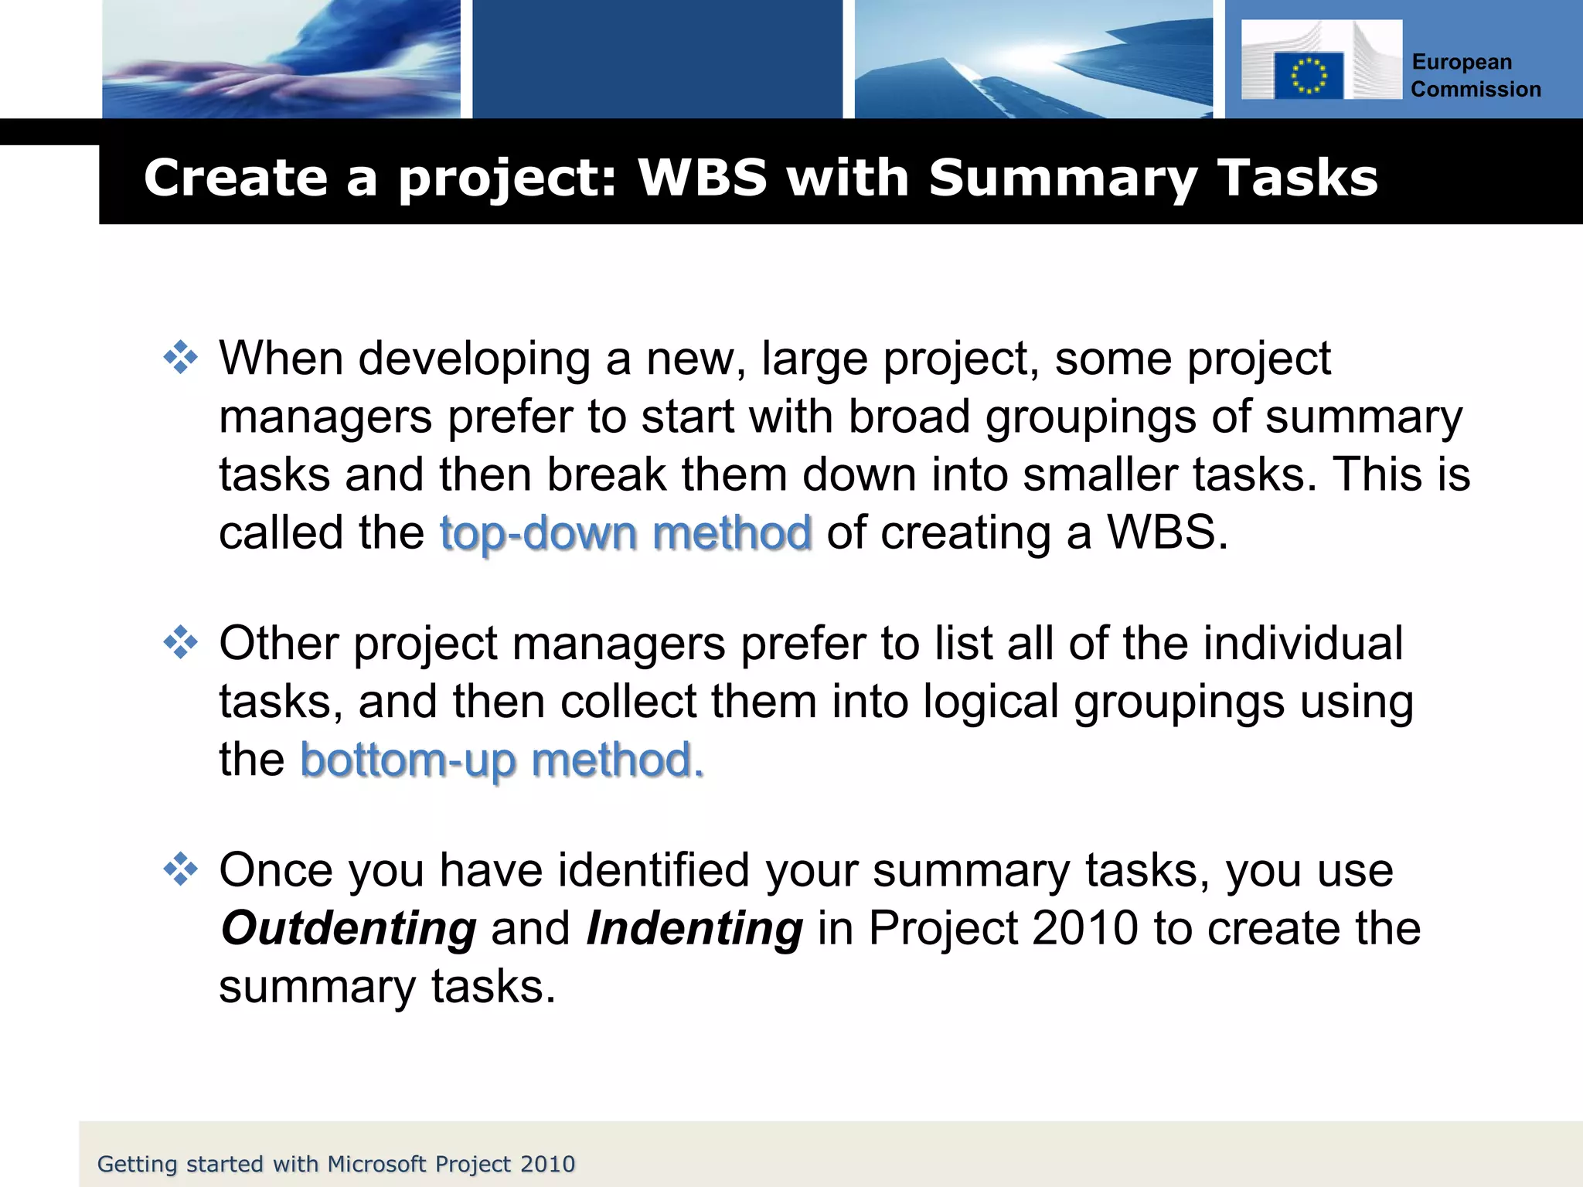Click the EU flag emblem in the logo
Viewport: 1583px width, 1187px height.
pyautogui.click(x=1308, y=75)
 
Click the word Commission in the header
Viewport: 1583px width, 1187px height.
pyautogui.click(x=1476, y=90)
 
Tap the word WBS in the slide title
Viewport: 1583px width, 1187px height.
pyautogui.click(x=702, y=178)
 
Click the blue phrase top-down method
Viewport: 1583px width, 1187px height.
pyautogui.click(x=625, y=533)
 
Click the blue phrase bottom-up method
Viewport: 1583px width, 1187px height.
pyautogui.click(x=502, y=760)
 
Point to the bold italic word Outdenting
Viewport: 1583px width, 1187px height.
pyautogui.click(x=349, y=928)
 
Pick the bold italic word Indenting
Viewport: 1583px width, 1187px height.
pyautogui.click(x=694, y=928)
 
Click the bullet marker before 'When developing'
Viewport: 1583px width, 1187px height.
pyautogui.click(x=181, y=358)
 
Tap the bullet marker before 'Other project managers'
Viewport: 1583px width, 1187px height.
pyautogui.click(x=181, y=642)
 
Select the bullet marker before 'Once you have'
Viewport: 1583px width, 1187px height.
pyautogui.click(x=181, y=869)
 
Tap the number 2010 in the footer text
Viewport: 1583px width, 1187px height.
pyautogui.click(x=547, y=1164)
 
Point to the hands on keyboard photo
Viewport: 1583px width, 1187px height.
pyautogui.click(x=281, y=60)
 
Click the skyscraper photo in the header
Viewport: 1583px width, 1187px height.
pyautogui.click(x=1033, y=60)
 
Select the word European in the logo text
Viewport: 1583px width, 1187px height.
pyautogui.click(x=1461, y=63)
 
